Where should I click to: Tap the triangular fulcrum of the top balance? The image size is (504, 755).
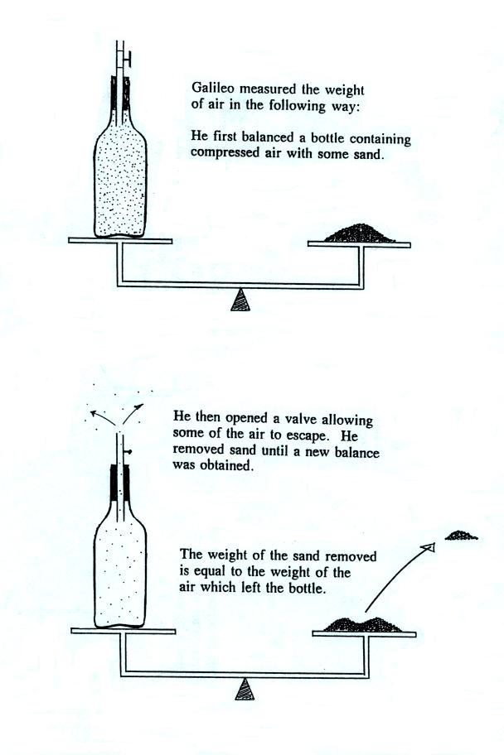pos(240,300)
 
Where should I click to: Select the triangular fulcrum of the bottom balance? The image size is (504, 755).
pos(245,689)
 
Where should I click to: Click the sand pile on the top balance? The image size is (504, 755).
pos(359,233)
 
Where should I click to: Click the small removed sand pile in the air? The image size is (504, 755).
pos(460,535)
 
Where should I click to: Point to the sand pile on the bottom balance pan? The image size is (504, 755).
pos(362,624)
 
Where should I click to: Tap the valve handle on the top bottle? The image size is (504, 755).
pos(128,60)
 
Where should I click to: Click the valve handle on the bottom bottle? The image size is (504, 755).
pos(128,452)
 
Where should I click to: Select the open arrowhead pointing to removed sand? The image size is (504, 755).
pos(429,547)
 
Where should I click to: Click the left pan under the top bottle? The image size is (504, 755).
pos(120,240)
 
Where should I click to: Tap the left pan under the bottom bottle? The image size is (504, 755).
pos(123,631)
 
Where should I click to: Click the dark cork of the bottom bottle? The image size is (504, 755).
pos(119,483)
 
